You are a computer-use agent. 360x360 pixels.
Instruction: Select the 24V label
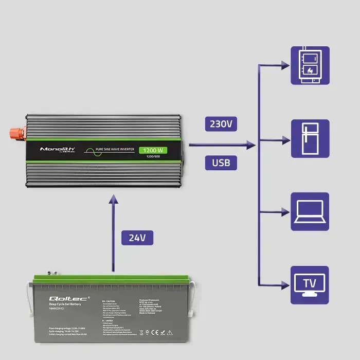[x=137, y=238]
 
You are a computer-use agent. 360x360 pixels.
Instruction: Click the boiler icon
[x=310, y=65]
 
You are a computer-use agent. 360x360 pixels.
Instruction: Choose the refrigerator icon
[x=310, y=139]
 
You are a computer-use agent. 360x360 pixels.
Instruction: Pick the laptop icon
[x=310, y=211]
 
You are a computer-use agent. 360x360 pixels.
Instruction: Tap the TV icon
[x=310, y=284]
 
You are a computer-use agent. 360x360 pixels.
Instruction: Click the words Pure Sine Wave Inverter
[x=115, y=150]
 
